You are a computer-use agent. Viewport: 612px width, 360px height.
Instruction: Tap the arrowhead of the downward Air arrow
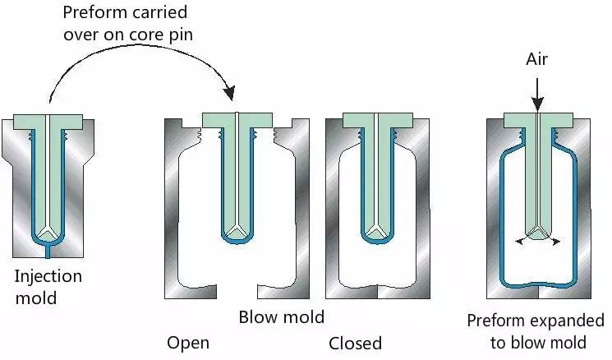[x=536, y=104]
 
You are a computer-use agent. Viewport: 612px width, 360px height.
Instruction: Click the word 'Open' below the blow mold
[x=188, y=343]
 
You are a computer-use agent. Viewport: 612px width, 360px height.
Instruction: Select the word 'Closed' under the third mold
[x=355, y=343]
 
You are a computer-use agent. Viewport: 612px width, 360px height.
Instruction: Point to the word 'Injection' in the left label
[x=48, y=276]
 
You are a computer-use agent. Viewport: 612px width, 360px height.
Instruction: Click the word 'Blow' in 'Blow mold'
[x=258, y=317]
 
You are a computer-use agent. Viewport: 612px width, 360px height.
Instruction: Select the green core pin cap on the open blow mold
[x=237, y=119]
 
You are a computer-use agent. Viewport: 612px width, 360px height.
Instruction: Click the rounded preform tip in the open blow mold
[x=237, y=237]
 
